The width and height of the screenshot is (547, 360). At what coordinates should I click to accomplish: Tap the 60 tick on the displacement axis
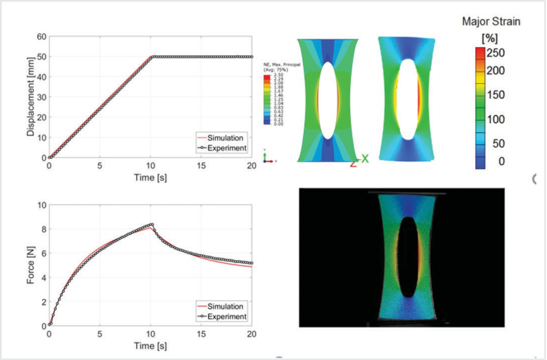click(42, 36)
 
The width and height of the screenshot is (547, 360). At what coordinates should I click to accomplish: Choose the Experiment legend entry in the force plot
click(227, 317)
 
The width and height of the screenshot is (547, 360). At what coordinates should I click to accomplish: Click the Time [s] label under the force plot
click(150, 346)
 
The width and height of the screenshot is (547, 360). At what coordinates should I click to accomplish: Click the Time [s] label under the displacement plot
click(150, 177)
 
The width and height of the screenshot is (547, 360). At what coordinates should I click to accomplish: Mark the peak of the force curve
click(152, 225)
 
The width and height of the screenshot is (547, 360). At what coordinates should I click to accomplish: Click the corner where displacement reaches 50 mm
click(151, 57)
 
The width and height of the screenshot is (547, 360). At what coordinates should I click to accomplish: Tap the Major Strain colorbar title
click(491, 22)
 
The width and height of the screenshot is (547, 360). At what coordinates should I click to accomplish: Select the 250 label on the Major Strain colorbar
click(496, 53)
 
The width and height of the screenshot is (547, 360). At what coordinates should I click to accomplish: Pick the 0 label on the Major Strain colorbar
click(501, 161)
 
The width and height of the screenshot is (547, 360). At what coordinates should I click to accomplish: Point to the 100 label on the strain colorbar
click(496, 119)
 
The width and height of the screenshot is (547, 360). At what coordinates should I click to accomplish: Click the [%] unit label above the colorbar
click(489, 38)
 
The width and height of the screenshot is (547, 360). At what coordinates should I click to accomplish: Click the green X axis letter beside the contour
click(365, 159)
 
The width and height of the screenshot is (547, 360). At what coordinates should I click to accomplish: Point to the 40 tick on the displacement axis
click(42, 77)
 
